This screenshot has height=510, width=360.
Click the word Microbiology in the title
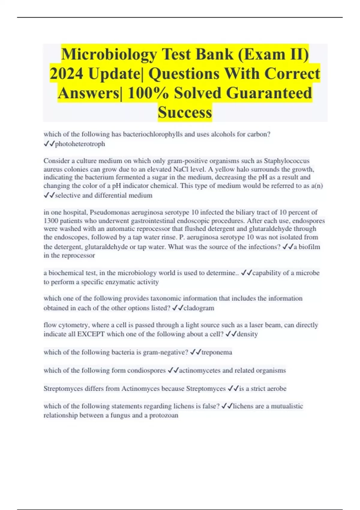click(x=109, y=55)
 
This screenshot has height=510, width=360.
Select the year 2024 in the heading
click(x=66, y=74)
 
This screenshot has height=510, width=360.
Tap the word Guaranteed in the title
click(x=269, y=93)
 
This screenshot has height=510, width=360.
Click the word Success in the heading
click(x=185, y=112)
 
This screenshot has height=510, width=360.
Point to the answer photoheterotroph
click(x=80, y=144)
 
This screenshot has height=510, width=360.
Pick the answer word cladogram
click(x=199, y=308)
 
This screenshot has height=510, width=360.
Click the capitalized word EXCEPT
click(x=91, y=334)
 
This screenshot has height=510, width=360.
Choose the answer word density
click(x=247, y=334)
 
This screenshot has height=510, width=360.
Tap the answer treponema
click(x=217, y=352)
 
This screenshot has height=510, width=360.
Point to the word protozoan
click(x=164, y=415)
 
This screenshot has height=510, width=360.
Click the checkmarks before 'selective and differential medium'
click(x=49, y=195)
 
